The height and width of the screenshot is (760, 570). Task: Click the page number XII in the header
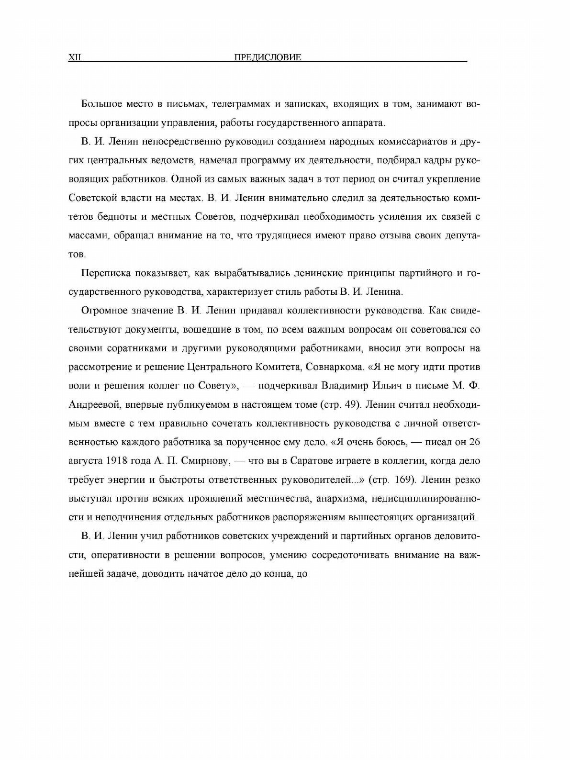pos(76,58)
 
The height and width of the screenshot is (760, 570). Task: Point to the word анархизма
pos(338,498)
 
